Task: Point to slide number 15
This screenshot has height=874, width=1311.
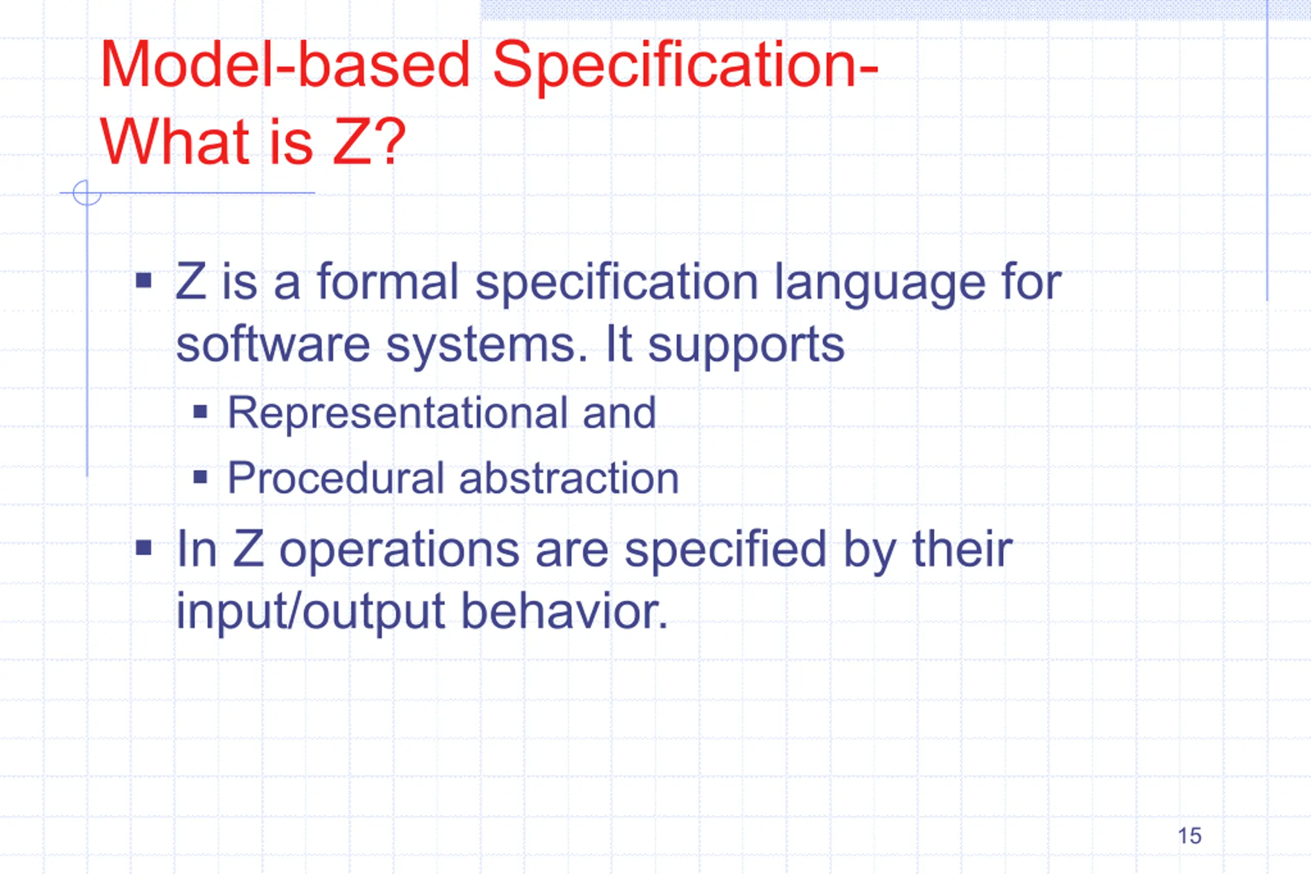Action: coord(1190,836)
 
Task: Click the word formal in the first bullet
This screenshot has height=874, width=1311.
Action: coord(387,282)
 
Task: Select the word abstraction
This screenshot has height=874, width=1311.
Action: coord(569,478)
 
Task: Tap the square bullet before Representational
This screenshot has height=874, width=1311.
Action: coord(200,413)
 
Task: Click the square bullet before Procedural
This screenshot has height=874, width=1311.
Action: coord(200,477)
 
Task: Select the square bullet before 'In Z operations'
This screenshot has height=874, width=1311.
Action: coord(144,547)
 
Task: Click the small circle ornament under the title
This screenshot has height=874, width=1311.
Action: coord(88,193)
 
